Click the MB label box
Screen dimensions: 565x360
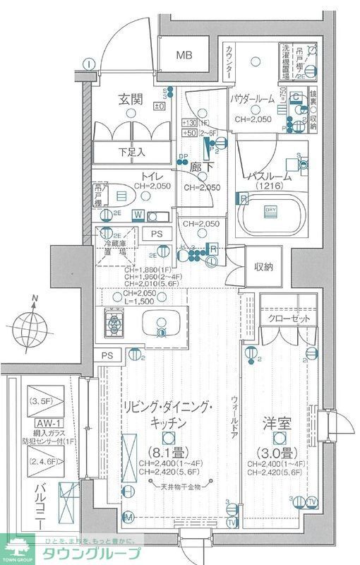184,55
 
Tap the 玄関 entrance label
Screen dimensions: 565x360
131,100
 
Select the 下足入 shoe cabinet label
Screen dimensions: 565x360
130,151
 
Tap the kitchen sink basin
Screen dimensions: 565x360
160,324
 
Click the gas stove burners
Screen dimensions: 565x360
114,324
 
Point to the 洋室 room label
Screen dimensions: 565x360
278,427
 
